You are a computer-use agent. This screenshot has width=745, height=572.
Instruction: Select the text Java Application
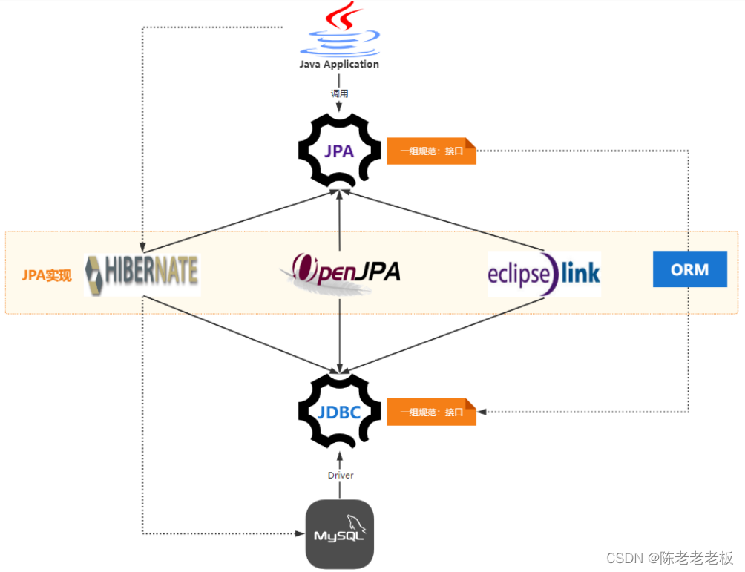(339, 65)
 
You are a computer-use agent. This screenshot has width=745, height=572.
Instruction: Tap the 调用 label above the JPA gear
(339, 94)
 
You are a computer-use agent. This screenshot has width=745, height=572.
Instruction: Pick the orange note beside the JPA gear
(431, 151)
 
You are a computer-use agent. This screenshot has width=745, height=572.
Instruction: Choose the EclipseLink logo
(544, 274)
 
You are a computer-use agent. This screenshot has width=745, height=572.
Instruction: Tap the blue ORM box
(689, 269)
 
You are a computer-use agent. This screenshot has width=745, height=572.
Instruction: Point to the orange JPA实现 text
(46, 276)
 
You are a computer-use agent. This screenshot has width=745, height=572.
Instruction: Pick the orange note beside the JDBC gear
(431, 412)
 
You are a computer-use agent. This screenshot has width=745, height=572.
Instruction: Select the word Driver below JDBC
(340, 475)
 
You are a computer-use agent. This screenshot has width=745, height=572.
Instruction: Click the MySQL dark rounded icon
(340, 534)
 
